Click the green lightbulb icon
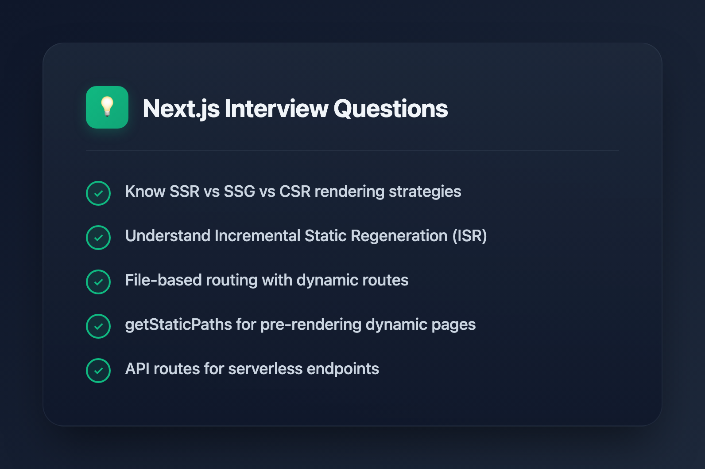(107, 107)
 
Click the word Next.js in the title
(181, 109)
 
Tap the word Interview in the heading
(276, 109)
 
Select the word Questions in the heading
(391, 109)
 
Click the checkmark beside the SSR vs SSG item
(98, 193)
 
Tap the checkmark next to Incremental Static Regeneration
(98, 238)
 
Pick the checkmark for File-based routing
(98, 282)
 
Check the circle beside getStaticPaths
(98, 326)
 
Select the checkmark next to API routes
(98, 371)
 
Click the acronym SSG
(239, 192)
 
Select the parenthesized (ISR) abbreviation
(469, 236)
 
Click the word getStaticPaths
(178, 324)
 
